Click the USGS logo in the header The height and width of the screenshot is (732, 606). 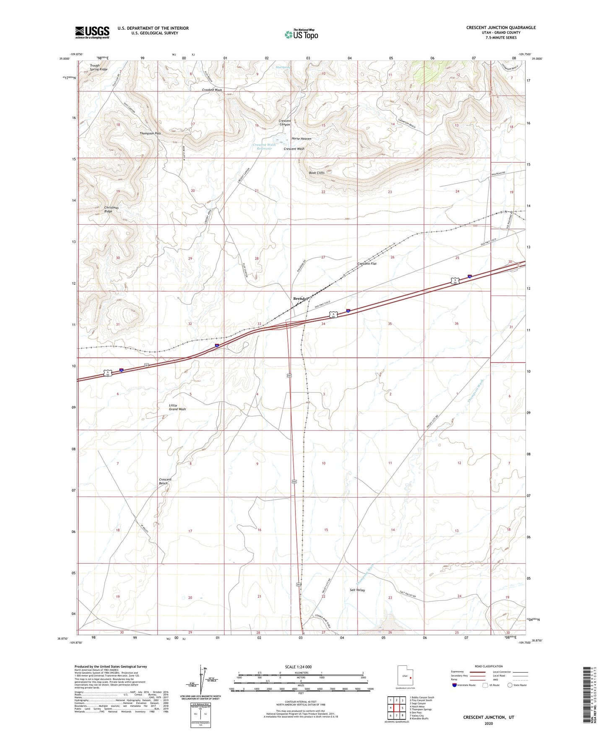click(92, 32)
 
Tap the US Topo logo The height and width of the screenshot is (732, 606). click(301, 34)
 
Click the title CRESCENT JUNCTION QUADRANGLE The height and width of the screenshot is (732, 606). click(501, 28)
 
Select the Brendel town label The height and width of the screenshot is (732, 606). click(301, 299)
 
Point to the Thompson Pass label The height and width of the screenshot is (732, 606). click(150, 133)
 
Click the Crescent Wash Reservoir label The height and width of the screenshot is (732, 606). click(264, 147)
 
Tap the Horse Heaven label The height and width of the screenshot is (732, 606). click(301, 139)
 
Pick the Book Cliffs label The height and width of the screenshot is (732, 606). click(317, 173)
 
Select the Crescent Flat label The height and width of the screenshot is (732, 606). click(367, 264)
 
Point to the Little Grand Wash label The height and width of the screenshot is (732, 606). click(177, 407)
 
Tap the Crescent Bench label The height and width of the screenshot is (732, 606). click(165, 481)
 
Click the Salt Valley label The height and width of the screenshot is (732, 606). click(357, 590)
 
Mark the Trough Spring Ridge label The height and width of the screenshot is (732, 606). click(99, 67)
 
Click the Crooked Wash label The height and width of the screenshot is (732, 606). click(212, 90)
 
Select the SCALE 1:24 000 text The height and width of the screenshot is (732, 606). click(298, 667)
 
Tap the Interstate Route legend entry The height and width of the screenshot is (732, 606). click(464, 685)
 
